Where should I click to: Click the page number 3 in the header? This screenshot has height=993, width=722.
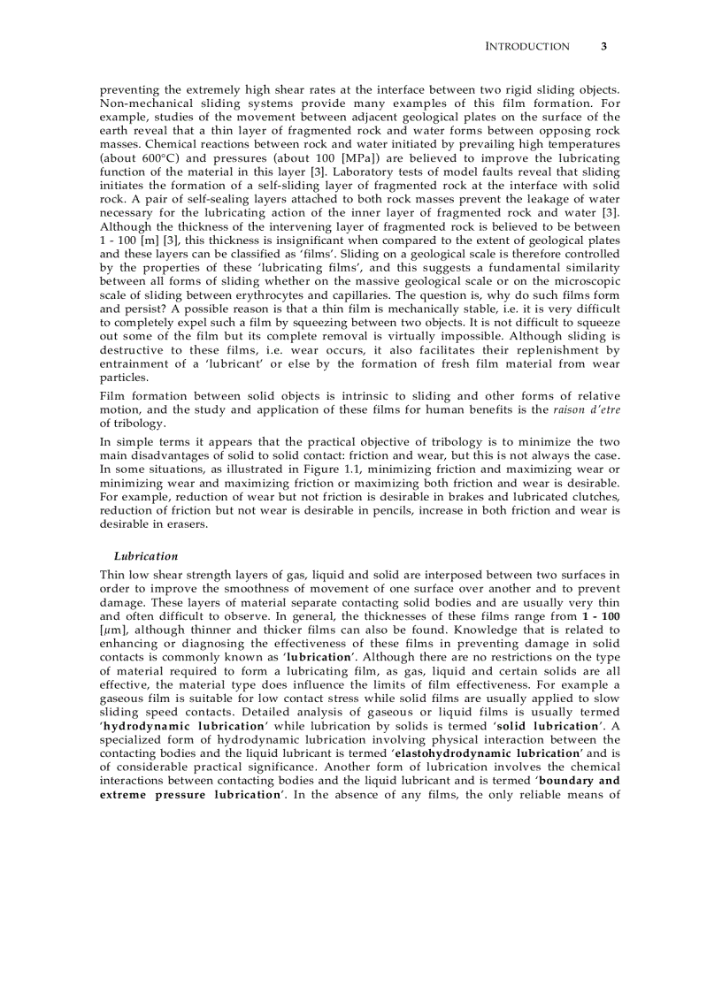tap(603, 47)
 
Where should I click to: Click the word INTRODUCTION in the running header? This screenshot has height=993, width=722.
tap(527, 47)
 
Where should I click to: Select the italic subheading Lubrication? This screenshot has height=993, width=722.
tap(146, 556)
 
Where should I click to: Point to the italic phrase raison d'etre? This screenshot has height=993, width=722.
tap(586, 409)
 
